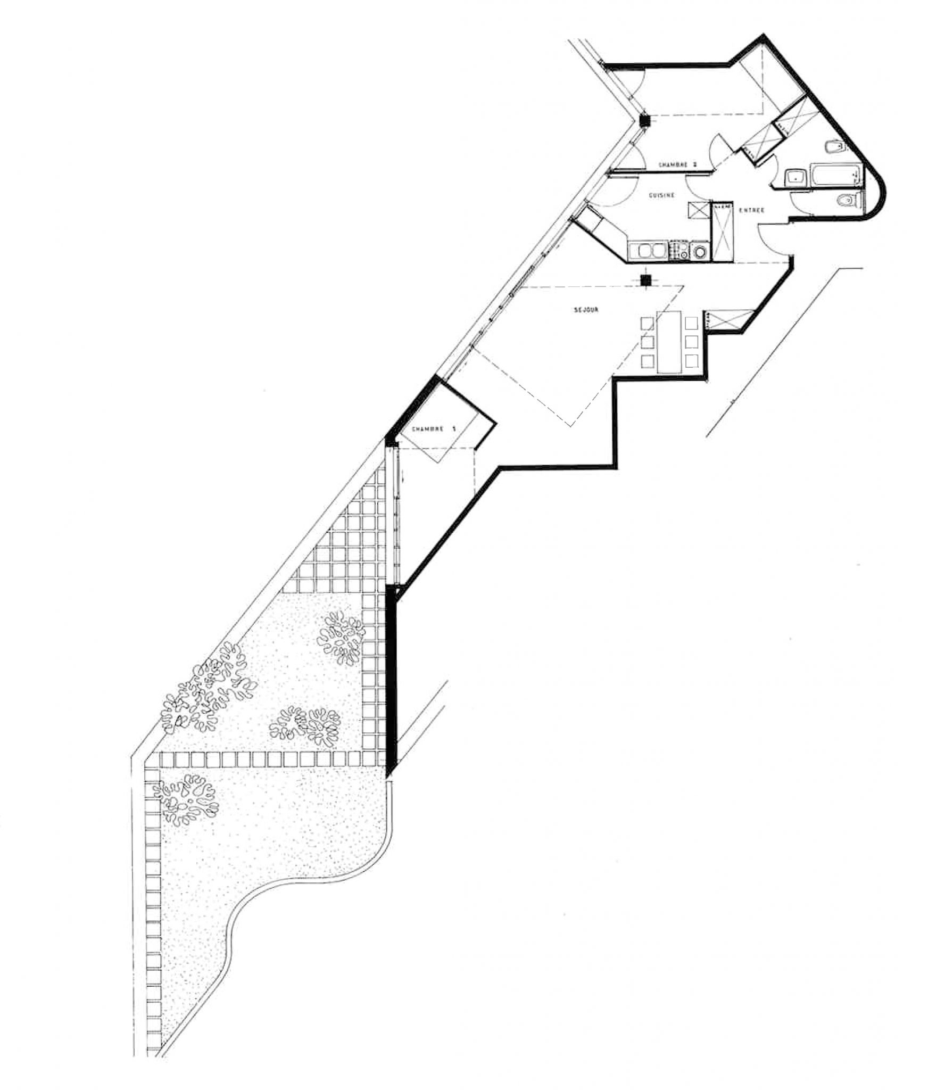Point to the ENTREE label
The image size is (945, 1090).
point(751,210)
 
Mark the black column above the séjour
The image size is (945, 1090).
point(645,280)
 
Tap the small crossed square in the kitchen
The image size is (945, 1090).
point(698,210)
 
